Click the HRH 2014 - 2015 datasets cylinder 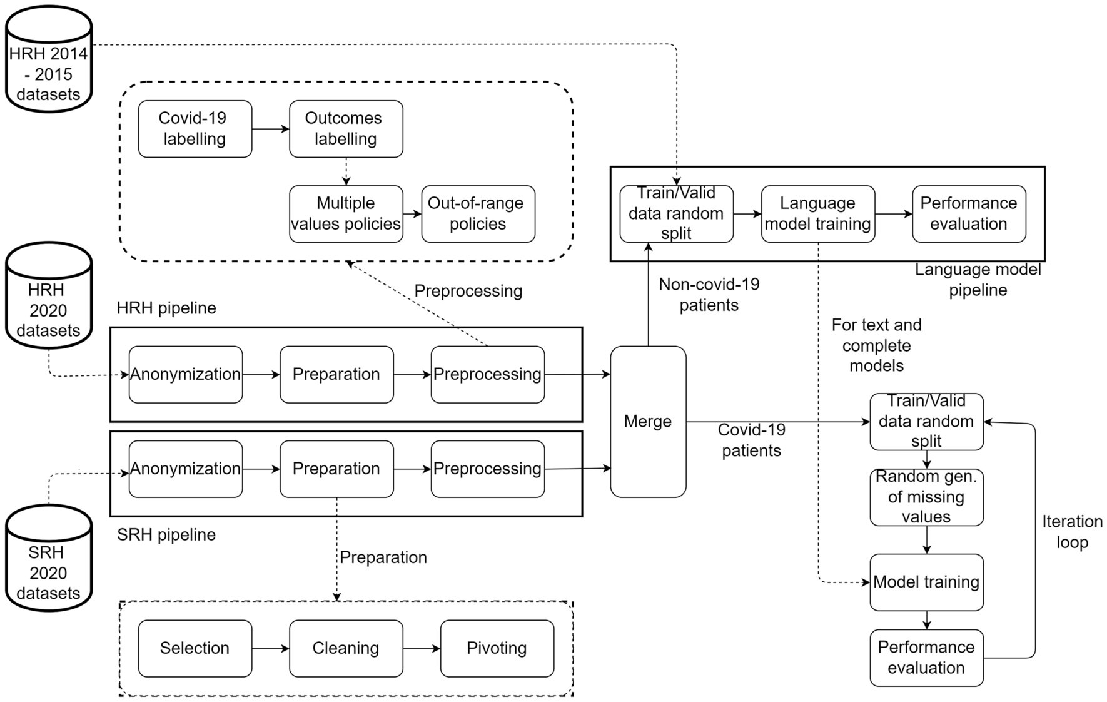(49, 63)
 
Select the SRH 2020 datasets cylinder (49, 563)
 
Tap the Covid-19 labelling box (195, 129)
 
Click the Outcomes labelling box (346, 129)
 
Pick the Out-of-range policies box (478, 214)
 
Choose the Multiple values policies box (346, 214)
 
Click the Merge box (648, 422)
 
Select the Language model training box (817, 214)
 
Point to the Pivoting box (497, 648)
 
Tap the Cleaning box (346, 648)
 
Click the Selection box (195, 648)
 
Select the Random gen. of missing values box (926, 497)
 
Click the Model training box (926, 582)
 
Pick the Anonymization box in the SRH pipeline (185, 469)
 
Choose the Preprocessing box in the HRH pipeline (487, 374)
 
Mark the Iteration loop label (1072, 532)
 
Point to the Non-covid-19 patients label (709, 295)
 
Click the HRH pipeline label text (166, 308)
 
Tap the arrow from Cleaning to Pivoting (422, 648)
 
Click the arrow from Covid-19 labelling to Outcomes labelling (270, 129)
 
